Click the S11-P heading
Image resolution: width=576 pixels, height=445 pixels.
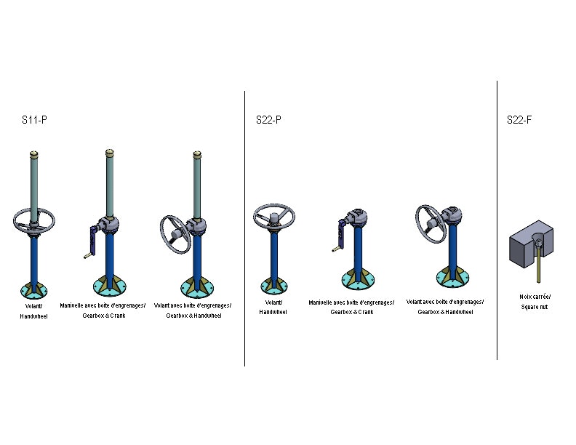click(x=34, y=120)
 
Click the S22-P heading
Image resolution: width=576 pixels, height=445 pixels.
click(x=268, y=120)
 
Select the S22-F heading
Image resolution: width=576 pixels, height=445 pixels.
click(x=519, y=120)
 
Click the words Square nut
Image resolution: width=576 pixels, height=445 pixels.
click(x=534, y=307)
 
